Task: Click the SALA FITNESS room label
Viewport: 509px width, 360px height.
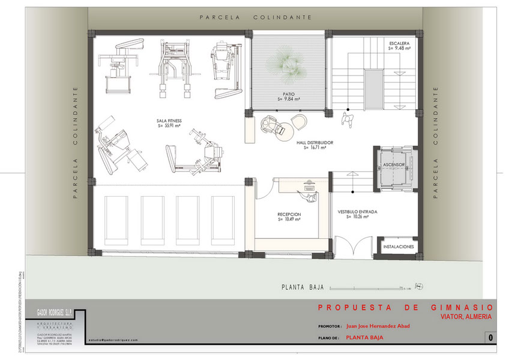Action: (169, 121)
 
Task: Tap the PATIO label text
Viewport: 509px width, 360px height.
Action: (289, 94)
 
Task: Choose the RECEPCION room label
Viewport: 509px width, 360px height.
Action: (289, 214)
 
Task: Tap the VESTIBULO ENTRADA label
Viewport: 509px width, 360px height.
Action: (357, 212)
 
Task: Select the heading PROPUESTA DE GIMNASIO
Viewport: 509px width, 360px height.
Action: (405, 307)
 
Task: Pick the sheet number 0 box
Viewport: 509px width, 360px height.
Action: (490, 338)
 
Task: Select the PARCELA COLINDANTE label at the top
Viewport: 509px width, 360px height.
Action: (255, 17)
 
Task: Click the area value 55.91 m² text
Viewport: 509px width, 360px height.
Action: (170, 126)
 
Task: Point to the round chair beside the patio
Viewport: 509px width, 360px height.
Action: (299, 122)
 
